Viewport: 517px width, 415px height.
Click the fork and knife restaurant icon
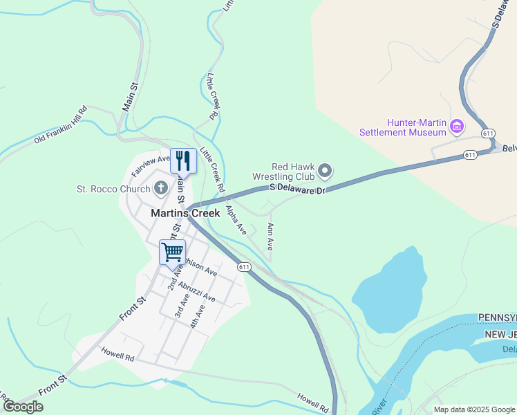coord(183,161)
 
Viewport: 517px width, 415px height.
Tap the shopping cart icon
coord(172,251)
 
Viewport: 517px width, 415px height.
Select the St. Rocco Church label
coord(113,188)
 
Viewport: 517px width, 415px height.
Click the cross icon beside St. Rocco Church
coord(161,187)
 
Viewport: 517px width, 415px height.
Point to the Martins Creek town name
coord(185,214)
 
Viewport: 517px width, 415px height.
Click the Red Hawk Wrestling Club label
coord(293,171)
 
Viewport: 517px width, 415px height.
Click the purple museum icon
coord(456,127)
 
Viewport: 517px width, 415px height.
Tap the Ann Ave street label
coord(270,237)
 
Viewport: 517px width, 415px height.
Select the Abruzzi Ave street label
coord(196,291)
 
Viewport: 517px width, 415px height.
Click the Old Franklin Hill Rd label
coord(61,125)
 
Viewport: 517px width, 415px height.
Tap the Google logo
coord(23,407)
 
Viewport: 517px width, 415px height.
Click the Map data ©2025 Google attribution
coord(474,409)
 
